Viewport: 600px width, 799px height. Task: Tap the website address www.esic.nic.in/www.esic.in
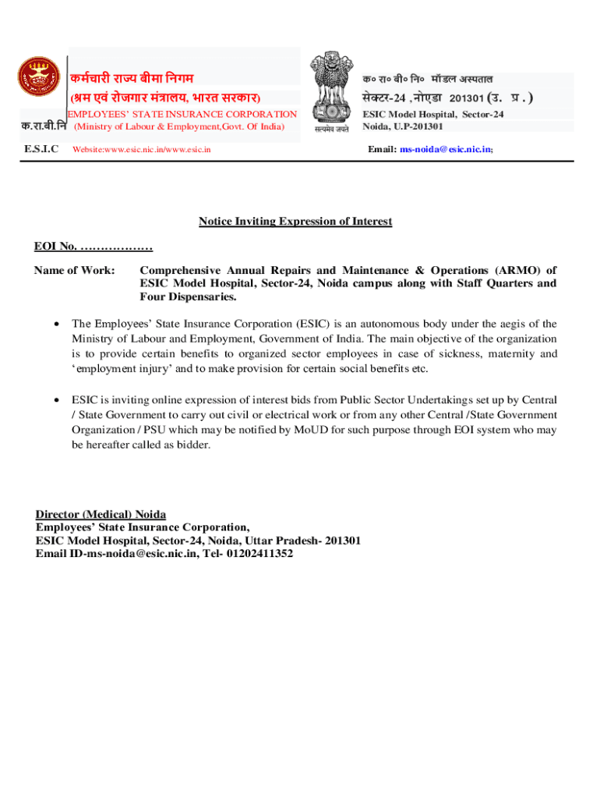tap(141, 150)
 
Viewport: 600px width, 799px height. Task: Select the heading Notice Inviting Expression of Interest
tap(295, 222)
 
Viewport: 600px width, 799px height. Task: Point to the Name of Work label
tap(74, 270)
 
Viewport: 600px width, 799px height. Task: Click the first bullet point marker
tap(56, 324)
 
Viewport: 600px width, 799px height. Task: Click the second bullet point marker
tap(56, 400)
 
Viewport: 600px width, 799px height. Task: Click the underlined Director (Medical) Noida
tap(101, 514)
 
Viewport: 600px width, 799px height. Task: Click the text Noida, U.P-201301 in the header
tap(403, 126)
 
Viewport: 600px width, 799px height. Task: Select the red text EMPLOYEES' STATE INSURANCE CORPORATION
tap(180, 115)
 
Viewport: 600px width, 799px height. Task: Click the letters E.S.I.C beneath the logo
tap(41, 149)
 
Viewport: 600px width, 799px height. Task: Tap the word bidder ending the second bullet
tap(194, 445)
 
